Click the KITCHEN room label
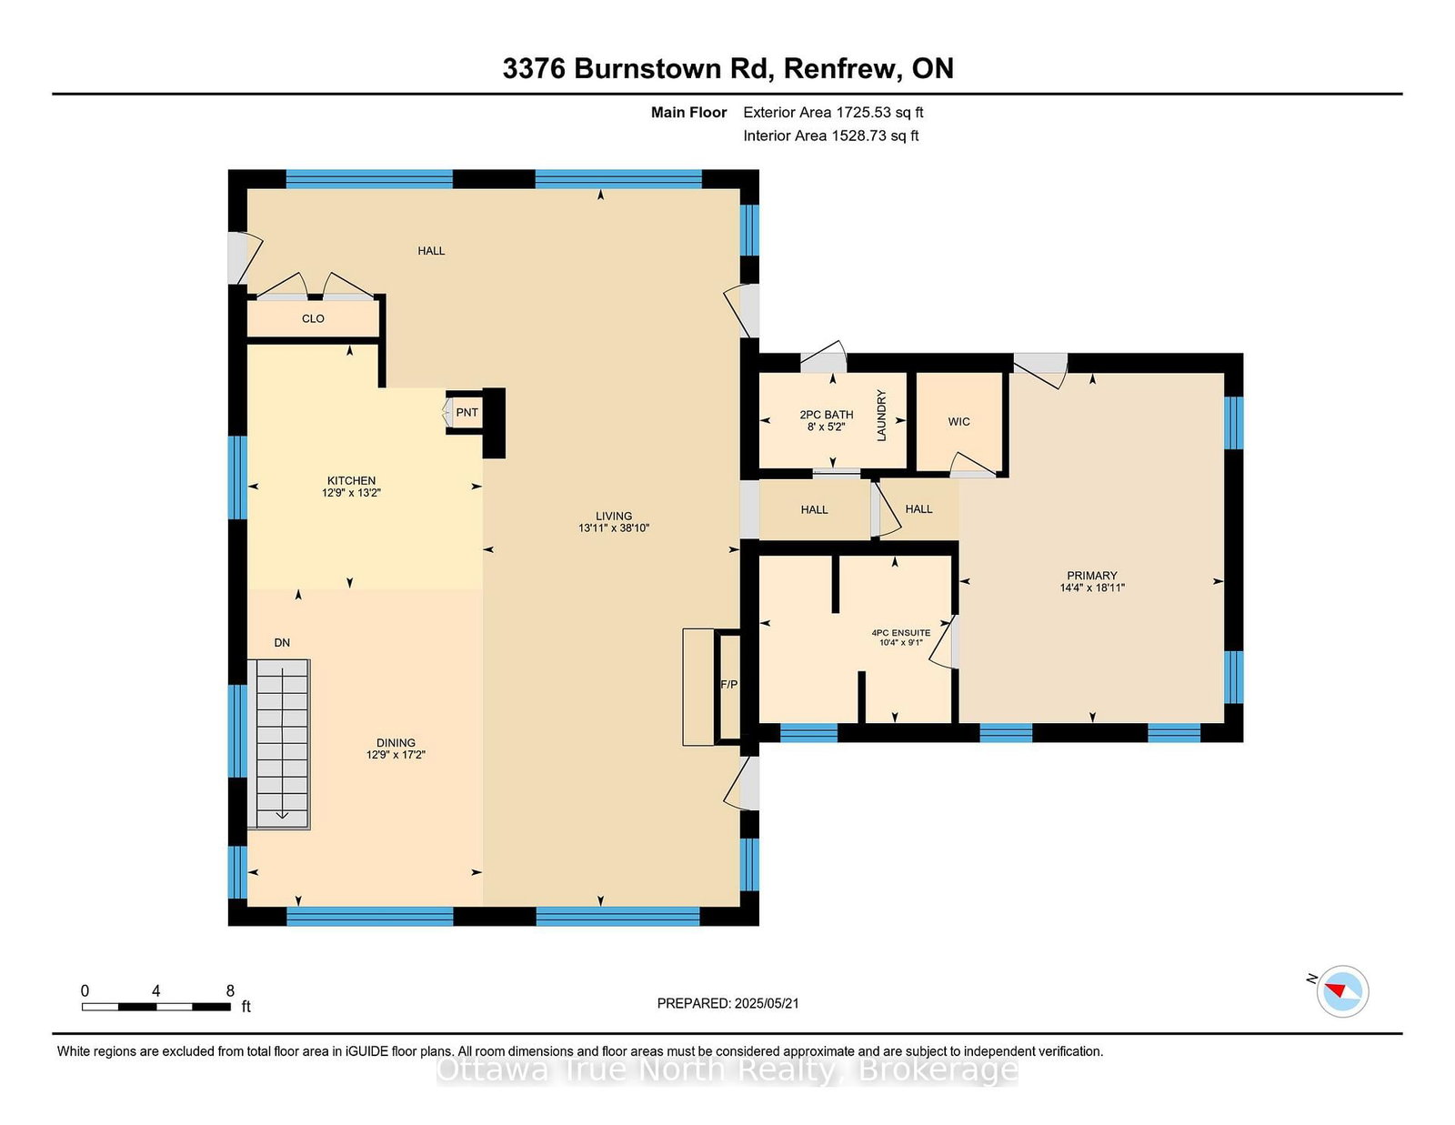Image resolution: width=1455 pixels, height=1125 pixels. point(352,481)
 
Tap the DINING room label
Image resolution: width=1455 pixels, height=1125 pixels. point(396,743)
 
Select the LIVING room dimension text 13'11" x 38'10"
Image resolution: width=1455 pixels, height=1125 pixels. point(614,528)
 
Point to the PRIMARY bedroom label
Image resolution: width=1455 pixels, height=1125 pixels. point(1092,576)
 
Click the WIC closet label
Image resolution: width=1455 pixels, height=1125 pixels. point(958,422)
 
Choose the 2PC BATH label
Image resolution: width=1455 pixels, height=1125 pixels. point(827,415)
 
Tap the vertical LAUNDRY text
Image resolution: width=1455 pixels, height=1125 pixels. point(882,416)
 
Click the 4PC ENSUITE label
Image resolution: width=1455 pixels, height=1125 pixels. point(901,633)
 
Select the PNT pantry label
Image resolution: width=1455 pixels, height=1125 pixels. point(467,413)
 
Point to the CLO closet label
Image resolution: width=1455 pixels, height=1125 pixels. point(314,318)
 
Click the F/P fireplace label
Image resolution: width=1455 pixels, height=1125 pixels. point(729,685)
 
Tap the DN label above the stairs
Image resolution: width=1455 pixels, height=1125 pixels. point(282,643)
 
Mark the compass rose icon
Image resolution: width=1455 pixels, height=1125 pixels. point(1342,991)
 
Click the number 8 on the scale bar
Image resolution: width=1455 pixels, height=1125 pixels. point(230,991)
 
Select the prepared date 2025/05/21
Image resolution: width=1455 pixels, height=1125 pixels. point(767,1004)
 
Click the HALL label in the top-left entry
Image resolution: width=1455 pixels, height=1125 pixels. point(431,251)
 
